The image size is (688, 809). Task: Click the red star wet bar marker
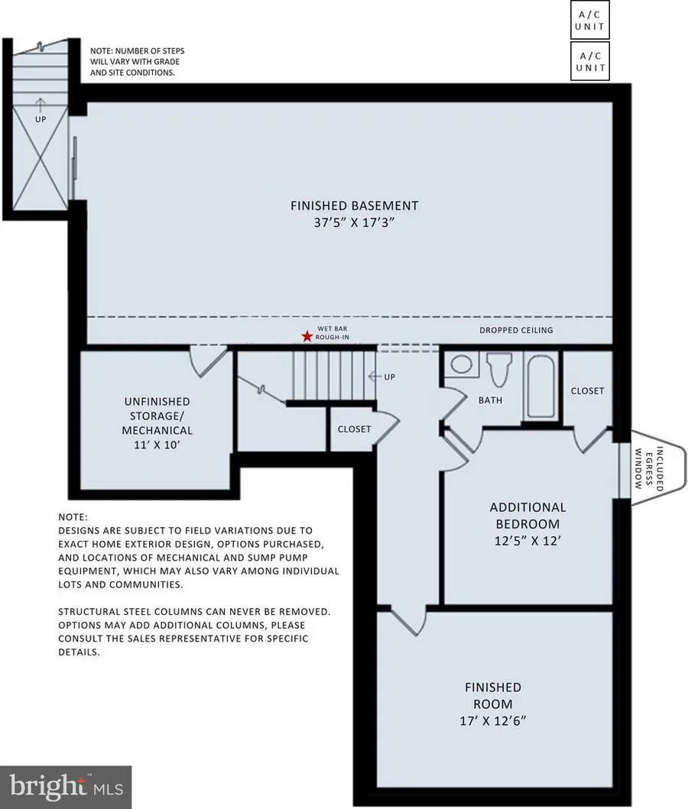point(307,336)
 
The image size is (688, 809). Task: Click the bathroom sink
point(461,364)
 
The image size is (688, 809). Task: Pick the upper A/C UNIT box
point(589,21)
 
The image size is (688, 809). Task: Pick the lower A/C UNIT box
point(589,61)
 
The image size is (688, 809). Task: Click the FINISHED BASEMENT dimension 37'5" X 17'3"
point(354,222)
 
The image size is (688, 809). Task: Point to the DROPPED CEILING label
point(516,331)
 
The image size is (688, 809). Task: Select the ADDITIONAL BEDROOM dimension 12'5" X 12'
point(527,542)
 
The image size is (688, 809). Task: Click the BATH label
point(490,400)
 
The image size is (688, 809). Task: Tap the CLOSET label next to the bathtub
point(587,390)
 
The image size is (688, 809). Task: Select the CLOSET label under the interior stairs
point(354,429)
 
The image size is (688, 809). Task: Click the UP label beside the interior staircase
point(388,377)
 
